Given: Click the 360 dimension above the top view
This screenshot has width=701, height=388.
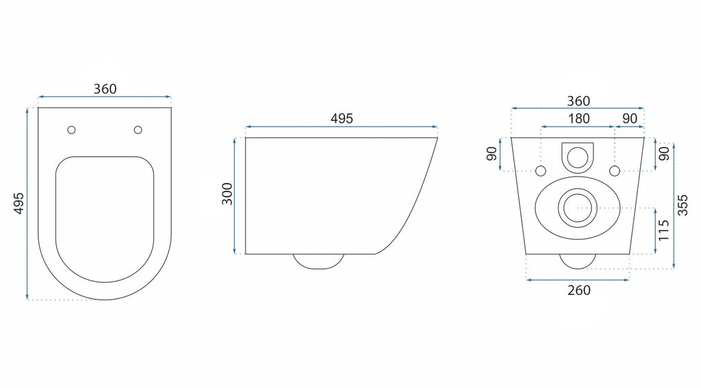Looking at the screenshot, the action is [x=105, y=89].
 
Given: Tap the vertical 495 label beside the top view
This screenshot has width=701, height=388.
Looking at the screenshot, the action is [x=19, y=203].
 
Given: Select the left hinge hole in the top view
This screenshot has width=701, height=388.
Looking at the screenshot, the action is [x=71, y=130].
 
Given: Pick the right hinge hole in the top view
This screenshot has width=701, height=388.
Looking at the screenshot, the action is [x=138, y=130].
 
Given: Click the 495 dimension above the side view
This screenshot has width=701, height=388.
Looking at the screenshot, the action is [x=342, y=118].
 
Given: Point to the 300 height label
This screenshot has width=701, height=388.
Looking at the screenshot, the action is [x=227, y=194].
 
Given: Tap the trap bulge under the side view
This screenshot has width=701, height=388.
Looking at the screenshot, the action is [x=318, y=261].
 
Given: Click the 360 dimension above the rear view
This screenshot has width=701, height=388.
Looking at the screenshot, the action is [x=578, y=101].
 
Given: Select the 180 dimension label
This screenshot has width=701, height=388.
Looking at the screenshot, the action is [x=578, y=118].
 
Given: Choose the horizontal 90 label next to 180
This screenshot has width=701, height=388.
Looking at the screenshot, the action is [x=630, y=118].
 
